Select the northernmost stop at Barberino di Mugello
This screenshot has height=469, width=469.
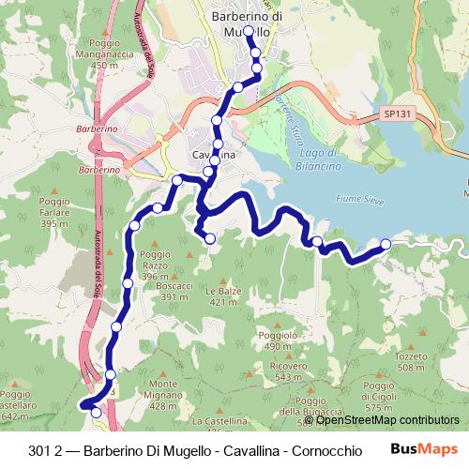248,31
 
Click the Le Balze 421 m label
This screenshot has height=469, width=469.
223,297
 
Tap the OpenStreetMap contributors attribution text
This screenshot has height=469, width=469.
386,420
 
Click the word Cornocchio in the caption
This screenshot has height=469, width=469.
313,448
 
